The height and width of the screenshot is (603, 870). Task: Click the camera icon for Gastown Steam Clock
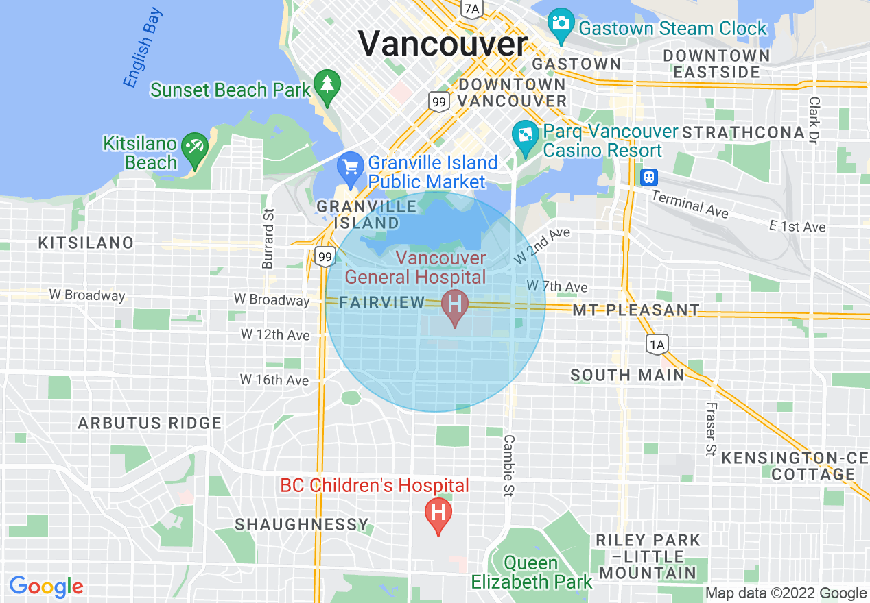pos(561,23)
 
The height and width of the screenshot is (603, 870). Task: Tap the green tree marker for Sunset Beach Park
pos(327,85)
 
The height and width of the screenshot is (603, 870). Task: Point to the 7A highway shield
pos(472,8)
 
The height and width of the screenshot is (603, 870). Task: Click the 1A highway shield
pos(657,344)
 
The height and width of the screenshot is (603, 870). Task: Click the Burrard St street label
pos(268,238)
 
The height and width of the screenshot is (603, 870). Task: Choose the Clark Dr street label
pos(814,120)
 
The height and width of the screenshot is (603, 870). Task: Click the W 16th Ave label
pos(274,380)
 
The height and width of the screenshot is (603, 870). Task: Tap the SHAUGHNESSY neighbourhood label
pos(302,525)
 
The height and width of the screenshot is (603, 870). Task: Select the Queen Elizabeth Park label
pos(532,573)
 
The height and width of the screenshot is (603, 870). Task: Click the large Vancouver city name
pos(443,44)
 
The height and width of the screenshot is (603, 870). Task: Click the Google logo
pos(46,587)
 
